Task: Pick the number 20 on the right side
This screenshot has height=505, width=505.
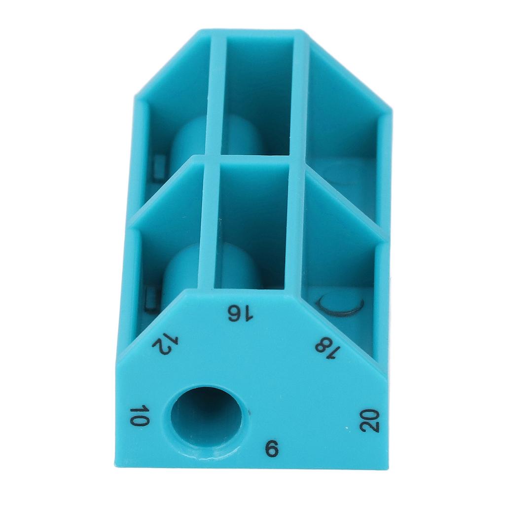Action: point(369,421)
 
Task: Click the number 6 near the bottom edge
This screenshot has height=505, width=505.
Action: point(271,449)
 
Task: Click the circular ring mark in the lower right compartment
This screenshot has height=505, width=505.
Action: point(341,304)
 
